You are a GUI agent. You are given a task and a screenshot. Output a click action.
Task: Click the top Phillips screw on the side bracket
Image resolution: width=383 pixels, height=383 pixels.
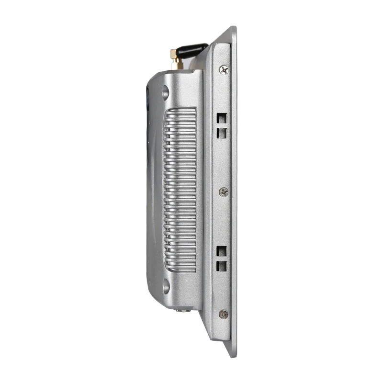click(224, 69)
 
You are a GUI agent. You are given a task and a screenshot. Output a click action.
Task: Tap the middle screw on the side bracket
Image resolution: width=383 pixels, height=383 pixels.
click(224, 191)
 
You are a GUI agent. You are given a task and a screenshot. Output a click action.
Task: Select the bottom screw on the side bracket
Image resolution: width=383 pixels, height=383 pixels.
click(223, 314)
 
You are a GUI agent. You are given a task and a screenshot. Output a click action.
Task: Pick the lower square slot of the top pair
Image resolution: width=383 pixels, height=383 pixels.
click(222, 132)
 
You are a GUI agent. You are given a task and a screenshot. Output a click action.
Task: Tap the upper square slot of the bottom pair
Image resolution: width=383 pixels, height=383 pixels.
click(222, 251)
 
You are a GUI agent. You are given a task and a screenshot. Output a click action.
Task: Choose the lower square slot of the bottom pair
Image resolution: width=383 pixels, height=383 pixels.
click(222, 266)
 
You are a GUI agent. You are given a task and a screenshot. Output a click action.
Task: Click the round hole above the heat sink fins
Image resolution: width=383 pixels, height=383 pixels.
click(166, 92)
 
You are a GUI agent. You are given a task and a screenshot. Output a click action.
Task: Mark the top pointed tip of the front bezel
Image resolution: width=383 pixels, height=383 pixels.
click(233, 28)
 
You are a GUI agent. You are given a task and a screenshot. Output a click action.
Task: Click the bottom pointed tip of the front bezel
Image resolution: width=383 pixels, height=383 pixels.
click(233, 356)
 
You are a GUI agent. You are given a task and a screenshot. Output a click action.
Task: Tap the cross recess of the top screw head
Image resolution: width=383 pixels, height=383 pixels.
click(224, 69)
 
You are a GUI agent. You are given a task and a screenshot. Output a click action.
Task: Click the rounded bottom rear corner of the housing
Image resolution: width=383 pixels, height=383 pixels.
click(153, 299)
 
